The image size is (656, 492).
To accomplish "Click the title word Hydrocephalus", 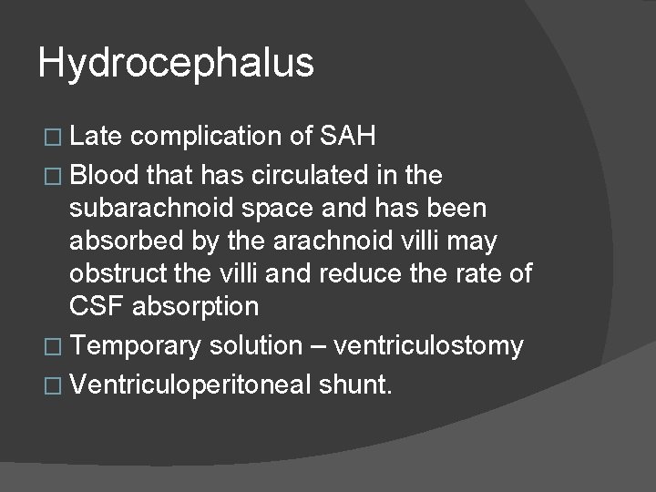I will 176,63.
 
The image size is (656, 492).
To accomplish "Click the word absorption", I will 196,307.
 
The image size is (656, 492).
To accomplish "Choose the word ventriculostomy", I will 429,345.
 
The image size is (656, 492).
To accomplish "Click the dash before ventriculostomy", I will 319,345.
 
